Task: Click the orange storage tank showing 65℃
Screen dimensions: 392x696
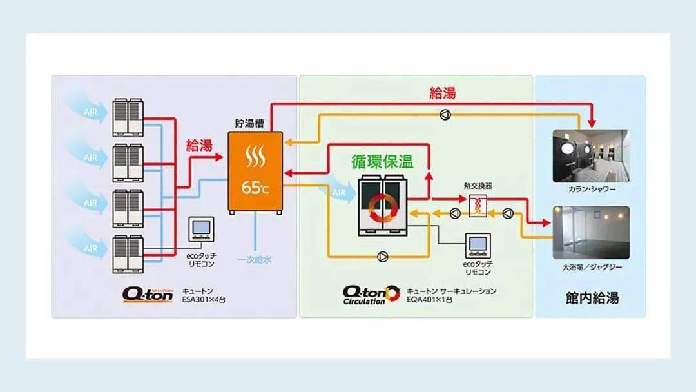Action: click(256, 171)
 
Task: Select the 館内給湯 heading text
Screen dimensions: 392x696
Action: click(591, 298)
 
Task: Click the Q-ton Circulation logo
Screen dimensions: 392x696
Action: click(372, 295)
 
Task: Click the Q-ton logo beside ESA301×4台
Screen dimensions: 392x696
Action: click(148, 294)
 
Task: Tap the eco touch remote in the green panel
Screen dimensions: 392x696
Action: click(478, 245)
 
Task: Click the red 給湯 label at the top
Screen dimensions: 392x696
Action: click(443, 93)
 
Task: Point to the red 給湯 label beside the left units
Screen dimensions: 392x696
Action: click(199, 146)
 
